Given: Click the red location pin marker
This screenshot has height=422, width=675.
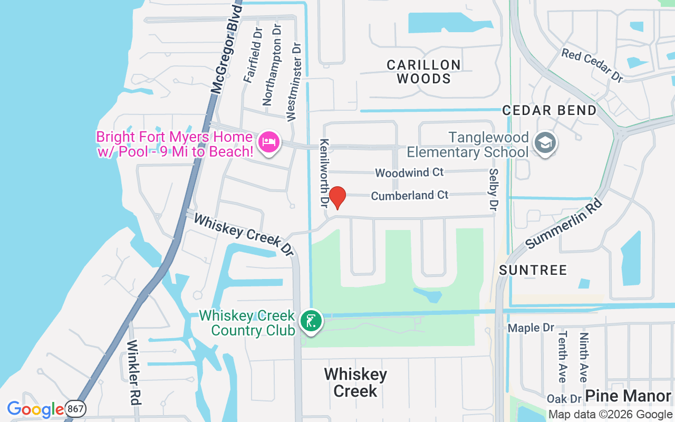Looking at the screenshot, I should [x=337, y=197].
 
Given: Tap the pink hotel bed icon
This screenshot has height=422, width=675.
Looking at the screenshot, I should [x=269, y=142].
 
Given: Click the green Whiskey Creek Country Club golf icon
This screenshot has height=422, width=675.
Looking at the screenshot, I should [x=311, y=321].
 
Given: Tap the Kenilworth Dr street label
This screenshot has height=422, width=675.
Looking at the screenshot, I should [x=324, y=172].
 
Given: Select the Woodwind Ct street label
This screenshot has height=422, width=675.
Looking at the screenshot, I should [x=409, y=172].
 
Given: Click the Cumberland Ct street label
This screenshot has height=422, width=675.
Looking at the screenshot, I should [x=410, y=196].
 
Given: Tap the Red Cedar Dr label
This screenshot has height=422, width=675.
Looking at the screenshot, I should [x=592, y=65].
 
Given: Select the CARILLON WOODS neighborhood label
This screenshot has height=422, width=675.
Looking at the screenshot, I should [x=423, y=72].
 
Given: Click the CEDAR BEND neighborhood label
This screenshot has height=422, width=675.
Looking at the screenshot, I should [x=549, y=110].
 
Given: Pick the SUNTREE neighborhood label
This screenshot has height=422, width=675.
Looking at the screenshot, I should [x=533, y=270].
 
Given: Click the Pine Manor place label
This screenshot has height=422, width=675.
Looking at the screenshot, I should [x=628, y=396].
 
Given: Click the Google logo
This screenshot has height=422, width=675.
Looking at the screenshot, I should [x=35, y=409].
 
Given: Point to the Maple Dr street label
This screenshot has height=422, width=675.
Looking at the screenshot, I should [x=531, y=328].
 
